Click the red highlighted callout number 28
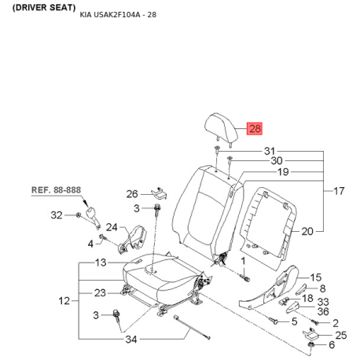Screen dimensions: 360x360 [x=255, y=129]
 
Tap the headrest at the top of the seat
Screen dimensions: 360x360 [x=221, y=129]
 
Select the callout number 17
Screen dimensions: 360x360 [x=339, y=191]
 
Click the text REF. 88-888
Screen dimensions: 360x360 [x=56, y=190]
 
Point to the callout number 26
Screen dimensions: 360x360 [x=132, y=194]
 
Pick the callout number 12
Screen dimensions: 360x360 [x=64, y=301]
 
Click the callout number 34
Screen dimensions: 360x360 [x=131, y=340]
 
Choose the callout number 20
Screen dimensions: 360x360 [x=307, y=231]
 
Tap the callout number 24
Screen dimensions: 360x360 [x=112, y=227]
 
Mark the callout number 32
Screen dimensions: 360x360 [x=57, y=215]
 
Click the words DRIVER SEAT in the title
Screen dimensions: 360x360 [x=44, y=8]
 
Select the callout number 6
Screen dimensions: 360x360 [x=332, y=345]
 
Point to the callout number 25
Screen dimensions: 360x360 [x=341, y=335]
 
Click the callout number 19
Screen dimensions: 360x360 [x=283, y=172]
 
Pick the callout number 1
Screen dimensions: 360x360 [x=243, y=261]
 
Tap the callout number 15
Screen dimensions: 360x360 [x=316, y=277]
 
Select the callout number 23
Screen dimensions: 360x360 [x=100, y=293]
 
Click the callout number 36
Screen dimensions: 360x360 [x=323, y=311]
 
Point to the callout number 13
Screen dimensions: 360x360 [x=101, y=263]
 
